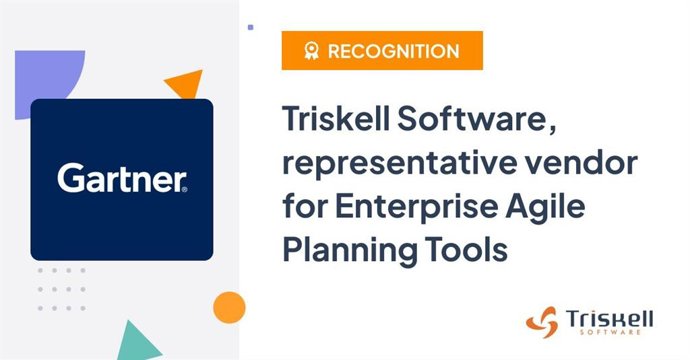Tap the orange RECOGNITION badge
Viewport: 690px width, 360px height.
pos(382,51)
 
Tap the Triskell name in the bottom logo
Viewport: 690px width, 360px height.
pos(609,317)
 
